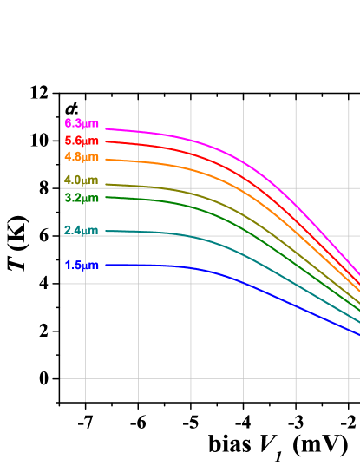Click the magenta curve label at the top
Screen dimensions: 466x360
(x=82, y=123)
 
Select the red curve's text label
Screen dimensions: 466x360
(x=82, y=141)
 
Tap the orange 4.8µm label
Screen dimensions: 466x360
(x=82, y=157)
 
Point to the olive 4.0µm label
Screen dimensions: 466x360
(x=82, y=180)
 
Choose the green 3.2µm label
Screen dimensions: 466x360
(x=82, y=199)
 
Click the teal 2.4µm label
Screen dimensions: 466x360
(x=81, y=231)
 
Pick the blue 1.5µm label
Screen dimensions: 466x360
(x=82, y=266)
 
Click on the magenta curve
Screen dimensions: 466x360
(x=243, y=161)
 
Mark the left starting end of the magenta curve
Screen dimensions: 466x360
(x=107, y=128)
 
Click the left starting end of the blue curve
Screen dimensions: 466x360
(x=107, y=266)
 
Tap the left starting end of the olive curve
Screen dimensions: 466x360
(x=107, y=184)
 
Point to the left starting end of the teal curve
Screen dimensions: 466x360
(x=107, y=231)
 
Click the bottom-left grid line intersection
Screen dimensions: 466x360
(x=85, y=378)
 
